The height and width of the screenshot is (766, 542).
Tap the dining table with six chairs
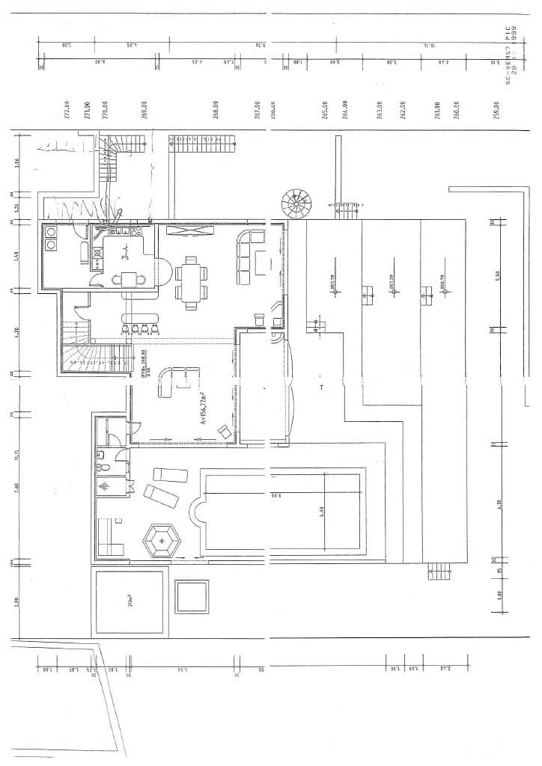pos(190,282)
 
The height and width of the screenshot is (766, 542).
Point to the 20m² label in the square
pos(130,601)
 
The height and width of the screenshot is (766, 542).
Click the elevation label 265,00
pos(325,110)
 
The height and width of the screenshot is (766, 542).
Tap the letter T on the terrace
pos(321,387)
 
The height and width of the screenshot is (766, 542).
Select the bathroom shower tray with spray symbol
pos(105,487)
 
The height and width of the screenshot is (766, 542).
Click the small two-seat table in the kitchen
pos(129,280)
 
